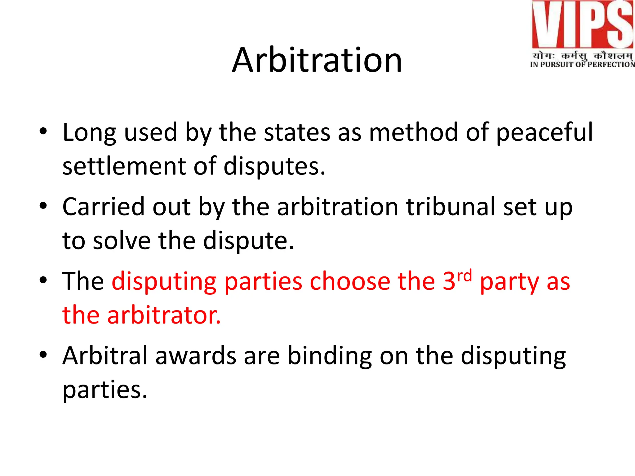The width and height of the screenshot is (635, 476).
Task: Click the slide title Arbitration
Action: tap(317, 60)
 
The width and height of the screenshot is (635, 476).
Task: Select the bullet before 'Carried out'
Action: tap(43, 205)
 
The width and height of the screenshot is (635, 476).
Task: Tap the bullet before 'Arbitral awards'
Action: tap(43, 354)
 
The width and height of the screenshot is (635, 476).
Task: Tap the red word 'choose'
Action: tap(350, 281)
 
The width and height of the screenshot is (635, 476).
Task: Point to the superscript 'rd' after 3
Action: tap(464, 275)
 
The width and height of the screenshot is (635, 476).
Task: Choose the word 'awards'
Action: tap(196, 356)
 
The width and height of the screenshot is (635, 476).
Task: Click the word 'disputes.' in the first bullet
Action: tap(274, 167)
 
